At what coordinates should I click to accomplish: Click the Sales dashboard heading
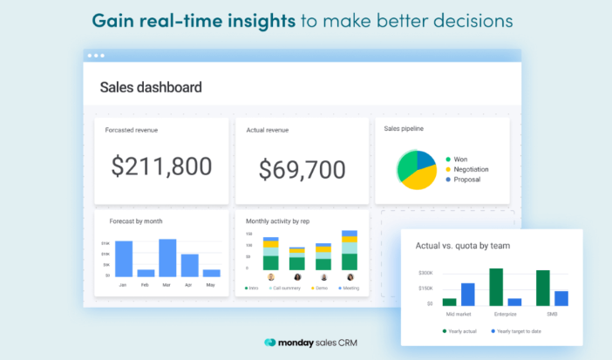[151, 87]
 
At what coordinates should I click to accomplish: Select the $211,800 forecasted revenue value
[162, 166]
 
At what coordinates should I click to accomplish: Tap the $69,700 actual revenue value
[303, 169]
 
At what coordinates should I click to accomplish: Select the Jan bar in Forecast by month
[124, 259]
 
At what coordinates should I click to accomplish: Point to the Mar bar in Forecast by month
[167, 257]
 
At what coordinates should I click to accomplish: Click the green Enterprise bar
[496, 286]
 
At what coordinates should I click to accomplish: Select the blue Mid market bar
[468, 294]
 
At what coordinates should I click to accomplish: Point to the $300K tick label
[425, 273]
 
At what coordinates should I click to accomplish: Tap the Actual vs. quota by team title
[462, 245]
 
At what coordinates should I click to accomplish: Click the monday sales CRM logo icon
[271, 343]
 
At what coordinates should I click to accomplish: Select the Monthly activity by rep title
[278, 221]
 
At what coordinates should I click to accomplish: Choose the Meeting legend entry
[348, 288]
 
